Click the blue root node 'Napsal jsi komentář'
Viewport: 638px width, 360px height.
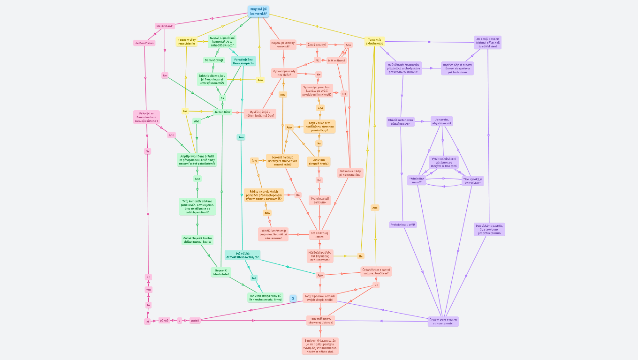click(x=258, y=11)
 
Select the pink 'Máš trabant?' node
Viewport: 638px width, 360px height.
click(x=165, y=26)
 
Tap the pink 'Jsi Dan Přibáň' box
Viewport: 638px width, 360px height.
click(x=144, y=43)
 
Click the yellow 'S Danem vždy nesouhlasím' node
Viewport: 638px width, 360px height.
click(x=186, y=42)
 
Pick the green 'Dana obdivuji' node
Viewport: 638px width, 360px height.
click(x=214, y=60)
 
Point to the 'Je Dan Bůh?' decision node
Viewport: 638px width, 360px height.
click(x=223, y=112)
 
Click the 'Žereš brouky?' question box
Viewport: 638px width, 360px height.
click(x=317, y=45)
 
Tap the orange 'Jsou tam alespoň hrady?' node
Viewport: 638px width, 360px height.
click(x=319, y=162)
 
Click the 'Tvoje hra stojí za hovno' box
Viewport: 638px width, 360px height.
click(x=319, y=200)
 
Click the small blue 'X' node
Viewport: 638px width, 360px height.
click(x=293, y=298)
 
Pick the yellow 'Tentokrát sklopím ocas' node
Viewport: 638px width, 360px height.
click(x=374, y=42)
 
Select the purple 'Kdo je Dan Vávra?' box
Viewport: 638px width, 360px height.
click(x=417, y=180)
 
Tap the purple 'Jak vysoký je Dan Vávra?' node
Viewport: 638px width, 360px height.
click(x=472, y=181)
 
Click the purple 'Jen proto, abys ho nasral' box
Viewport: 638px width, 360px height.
click(x=442, y=121)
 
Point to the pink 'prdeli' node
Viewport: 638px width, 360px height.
click(x=195, y=321)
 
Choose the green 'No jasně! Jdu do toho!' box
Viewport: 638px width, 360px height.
click(x=221, y=272)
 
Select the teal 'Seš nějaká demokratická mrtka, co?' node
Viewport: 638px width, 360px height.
click(x=242, y=255)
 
